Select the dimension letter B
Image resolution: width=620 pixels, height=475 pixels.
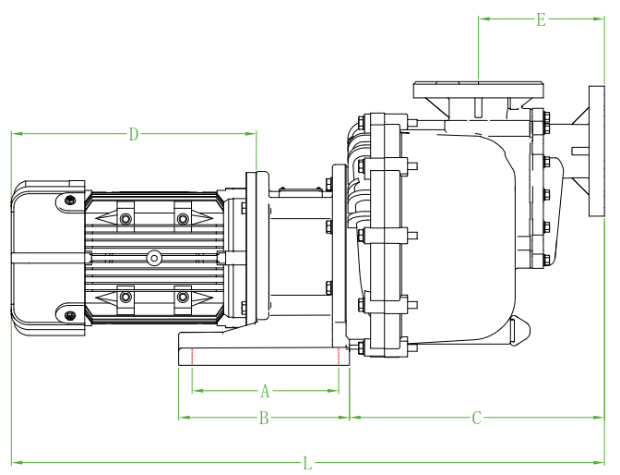pyautogui.click(x=263, y=418)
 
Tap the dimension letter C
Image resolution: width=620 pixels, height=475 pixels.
pyautogui.click(x=477, y=418)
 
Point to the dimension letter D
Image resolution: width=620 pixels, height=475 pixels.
pyautogui.click(x=134, y=134)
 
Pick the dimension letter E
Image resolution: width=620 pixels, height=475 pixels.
pyautogui.click(x=542, y=19)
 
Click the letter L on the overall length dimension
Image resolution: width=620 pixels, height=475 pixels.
pyautogui.click(x=308, y=461)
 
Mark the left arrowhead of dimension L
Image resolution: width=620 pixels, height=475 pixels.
pyautogui.click(x=16, y=461)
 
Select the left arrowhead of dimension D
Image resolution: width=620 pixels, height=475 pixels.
pyautogui.click(x=16, y=134)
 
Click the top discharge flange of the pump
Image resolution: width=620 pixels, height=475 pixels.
pyautogui.click(x=478, y=89)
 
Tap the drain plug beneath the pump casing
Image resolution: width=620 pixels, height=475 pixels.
pyautogui.click(x=519, y=330)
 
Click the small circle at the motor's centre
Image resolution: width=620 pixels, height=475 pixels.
pyautogui.click(x=154, y=257)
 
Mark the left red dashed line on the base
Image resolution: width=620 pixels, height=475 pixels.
pyautogui.click(x=191, y=357)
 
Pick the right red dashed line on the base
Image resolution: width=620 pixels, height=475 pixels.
pyautogui.click(x=340, y=357)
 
